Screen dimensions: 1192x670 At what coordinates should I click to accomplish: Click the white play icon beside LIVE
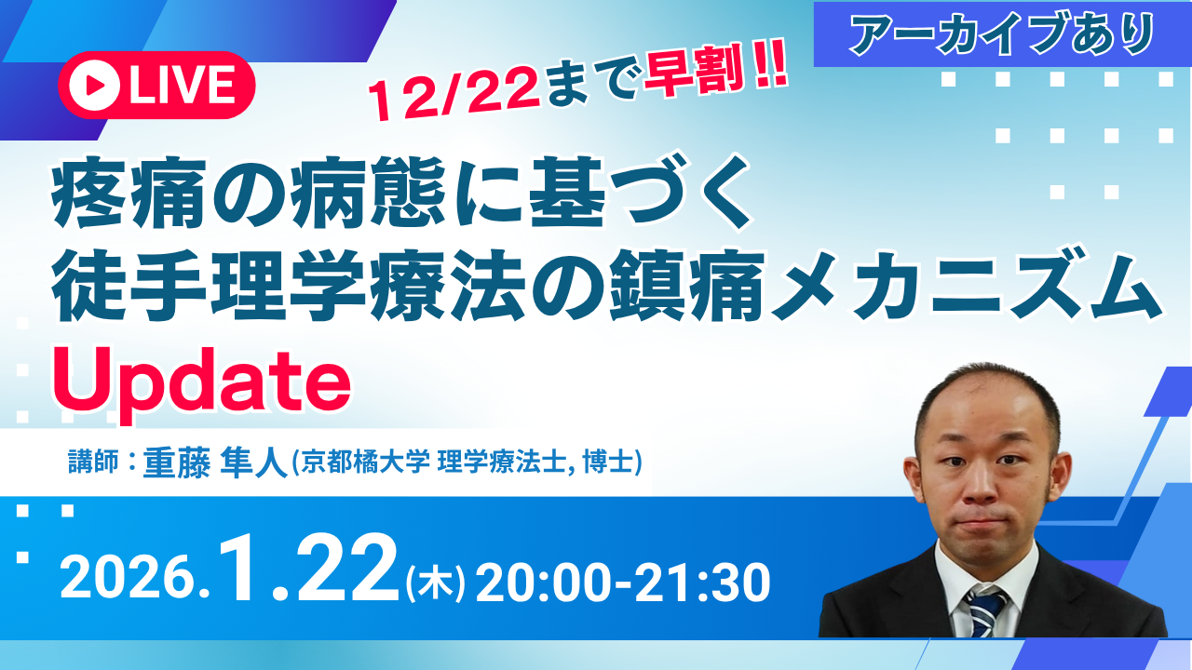coord(94,86)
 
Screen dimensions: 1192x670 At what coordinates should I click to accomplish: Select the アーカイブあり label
coord(1003,34)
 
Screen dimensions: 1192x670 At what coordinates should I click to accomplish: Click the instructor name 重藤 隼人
coord(215,462)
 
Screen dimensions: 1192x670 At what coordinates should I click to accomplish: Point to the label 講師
coord(93,462)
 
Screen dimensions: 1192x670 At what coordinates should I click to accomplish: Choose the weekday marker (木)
coord(435,583)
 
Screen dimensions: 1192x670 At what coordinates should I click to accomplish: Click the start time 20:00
coord(549,583)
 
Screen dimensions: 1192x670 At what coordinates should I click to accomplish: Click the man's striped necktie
coord(984,611)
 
